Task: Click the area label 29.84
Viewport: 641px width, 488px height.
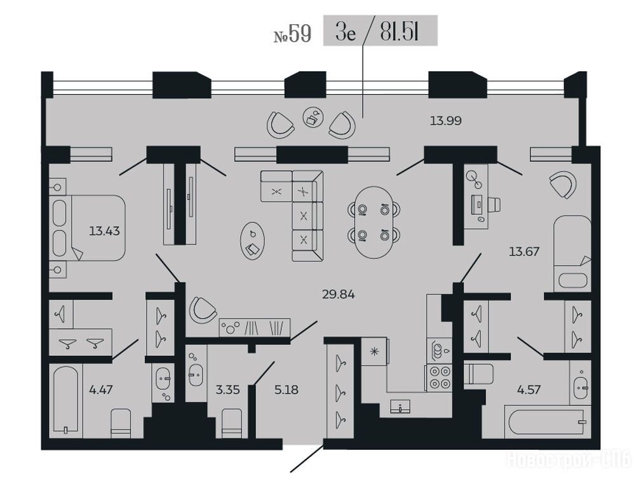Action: (338, 294)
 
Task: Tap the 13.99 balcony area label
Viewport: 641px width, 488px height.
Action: (445, 121)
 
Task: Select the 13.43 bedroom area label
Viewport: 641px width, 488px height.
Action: (104, 231)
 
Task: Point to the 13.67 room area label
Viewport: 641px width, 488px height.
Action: (524, 251)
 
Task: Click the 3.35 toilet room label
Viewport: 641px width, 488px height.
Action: (227, 390)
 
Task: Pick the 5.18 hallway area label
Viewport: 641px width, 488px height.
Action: (286, 390)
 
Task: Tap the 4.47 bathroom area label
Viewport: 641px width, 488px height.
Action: (100, 390)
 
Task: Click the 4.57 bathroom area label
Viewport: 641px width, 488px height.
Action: (529, 390)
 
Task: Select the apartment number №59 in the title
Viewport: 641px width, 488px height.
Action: (292, 34)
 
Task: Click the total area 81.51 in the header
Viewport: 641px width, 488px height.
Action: (400, 32)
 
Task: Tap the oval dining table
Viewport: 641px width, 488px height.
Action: (374, 222)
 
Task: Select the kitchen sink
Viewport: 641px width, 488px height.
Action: (400, 407)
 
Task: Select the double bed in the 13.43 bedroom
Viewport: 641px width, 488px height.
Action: (88, 228)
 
